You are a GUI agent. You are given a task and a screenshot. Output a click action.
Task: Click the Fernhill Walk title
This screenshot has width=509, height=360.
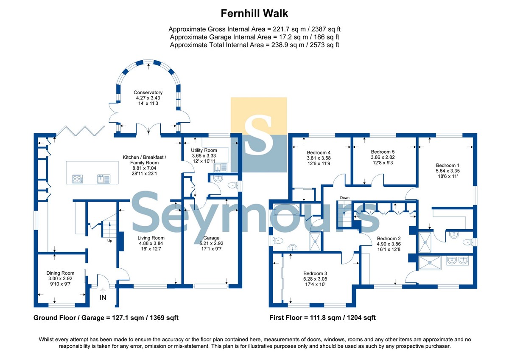pos(254,14)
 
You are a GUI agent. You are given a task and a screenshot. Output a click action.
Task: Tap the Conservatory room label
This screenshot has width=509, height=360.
pos(148,92)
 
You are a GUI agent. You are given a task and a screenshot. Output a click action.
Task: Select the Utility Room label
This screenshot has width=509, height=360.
pos(204,150)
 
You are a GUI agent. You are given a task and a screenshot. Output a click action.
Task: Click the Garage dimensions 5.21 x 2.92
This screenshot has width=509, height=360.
pos(211,243)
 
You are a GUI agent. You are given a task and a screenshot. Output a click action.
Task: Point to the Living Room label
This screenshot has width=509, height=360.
pos(151,238)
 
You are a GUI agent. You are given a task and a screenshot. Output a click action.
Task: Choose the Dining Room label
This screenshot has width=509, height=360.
pos(60,273)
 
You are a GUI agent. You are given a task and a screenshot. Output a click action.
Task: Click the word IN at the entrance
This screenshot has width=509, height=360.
pos(103,298)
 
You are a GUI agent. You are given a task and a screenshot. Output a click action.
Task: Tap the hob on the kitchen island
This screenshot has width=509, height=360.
pos(78,179)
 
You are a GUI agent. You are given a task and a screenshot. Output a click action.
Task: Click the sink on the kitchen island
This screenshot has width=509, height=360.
pos(103,179)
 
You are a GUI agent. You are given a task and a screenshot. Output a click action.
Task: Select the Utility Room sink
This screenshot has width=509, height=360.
pos(220,168)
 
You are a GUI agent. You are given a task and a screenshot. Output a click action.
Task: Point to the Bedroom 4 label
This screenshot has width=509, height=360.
pos(319,152)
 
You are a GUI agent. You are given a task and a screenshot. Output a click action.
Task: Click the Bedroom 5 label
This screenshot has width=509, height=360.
pos(383,152)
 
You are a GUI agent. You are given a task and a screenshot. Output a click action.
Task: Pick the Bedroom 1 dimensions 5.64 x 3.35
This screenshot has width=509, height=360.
pos(447,171)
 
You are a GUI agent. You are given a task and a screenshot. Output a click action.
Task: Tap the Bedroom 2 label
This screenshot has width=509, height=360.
pos(389,239)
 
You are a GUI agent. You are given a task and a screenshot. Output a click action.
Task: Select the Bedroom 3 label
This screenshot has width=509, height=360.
pos(315,273)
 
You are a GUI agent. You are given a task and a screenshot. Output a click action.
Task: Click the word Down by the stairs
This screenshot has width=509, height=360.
pos(345,198)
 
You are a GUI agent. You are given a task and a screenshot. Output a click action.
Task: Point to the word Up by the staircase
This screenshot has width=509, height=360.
pos(109,241)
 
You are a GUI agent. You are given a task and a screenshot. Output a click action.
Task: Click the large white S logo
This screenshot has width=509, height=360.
pos(258,135)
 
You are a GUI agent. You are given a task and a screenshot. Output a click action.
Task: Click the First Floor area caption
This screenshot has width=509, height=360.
pos(322,318)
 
